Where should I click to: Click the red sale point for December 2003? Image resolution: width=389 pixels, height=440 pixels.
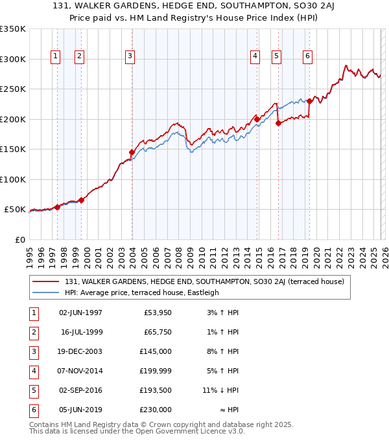[x=132, y=153]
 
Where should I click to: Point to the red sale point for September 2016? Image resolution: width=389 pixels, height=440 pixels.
[x=277, y=123]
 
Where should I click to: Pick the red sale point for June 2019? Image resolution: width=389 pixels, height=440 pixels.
[x=309, y=101]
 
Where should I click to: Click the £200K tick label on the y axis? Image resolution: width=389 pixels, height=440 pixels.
[x=13, y=119]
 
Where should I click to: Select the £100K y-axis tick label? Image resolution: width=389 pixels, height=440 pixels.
[x=13, y=179]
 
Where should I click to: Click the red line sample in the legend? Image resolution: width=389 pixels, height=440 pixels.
[x=46, y=281]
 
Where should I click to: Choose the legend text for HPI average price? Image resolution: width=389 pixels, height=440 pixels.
[x=142, y=292]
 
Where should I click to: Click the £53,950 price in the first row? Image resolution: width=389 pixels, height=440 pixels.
[x=158, y=313]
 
